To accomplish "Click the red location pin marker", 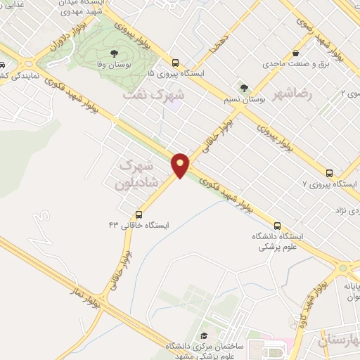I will [x=181, y=165].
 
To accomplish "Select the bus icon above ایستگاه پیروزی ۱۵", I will [x=176, y=62].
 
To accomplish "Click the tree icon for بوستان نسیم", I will [x=243, y=88].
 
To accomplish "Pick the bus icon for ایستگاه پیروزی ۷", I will [x=329, y=172].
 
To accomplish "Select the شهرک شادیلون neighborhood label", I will [x=136, y=173].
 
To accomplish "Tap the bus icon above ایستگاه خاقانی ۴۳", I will [x=139, y=214].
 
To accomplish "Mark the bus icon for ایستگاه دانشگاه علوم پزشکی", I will [x=278, y=226].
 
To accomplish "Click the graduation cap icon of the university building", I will [x=204, y=336].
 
